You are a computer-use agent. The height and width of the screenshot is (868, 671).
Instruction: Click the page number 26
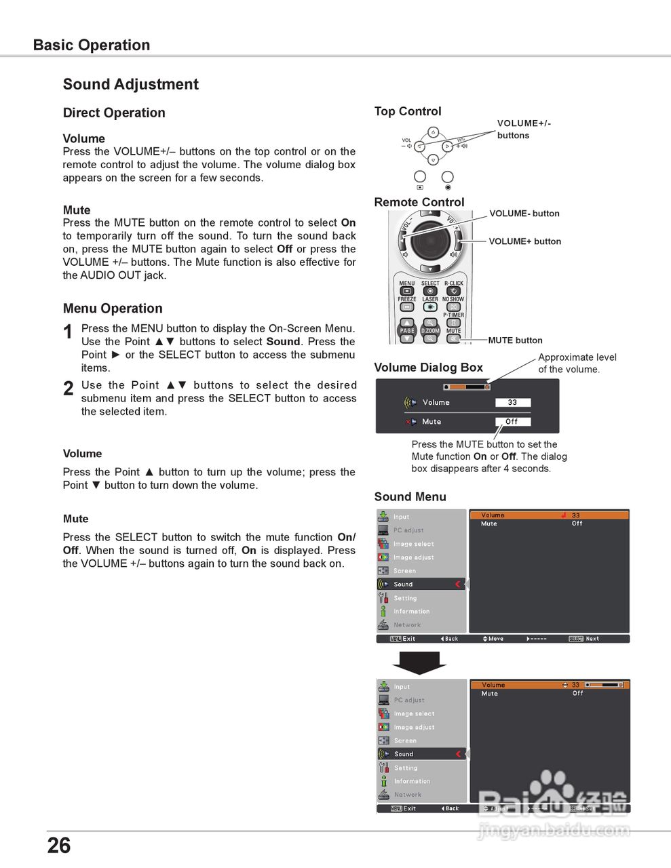59,845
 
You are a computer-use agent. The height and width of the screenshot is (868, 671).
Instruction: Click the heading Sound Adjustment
130,85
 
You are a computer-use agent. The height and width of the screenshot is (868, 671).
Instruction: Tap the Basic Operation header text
92,45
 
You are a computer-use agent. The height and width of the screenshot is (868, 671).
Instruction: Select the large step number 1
68,332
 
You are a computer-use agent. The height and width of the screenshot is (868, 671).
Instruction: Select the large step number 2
68,389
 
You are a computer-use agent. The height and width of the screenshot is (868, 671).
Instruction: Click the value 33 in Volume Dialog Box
512,402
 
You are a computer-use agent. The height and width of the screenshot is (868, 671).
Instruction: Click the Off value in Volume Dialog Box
512,421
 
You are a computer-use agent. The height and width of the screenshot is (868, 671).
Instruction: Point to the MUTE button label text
515,340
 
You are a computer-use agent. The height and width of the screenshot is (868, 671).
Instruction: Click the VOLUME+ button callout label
524,241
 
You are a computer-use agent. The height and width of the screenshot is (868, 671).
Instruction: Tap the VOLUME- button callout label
524,214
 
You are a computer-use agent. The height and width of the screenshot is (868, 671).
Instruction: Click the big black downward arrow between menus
419,663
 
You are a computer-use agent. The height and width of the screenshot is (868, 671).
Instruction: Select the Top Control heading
408,112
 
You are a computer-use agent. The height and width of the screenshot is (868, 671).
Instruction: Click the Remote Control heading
419,202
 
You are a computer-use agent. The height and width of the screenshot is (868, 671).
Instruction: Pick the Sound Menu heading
410,497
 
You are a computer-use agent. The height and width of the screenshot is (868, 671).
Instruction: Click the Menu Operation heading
113,309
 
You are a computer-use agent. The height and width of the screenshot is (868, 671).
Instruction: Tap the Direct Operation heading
114,113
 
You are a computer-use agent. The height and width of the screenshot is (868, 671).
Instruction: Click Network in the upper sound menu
407,625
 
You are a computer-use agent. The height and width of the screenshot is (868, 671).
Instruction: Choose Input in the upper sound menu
402,517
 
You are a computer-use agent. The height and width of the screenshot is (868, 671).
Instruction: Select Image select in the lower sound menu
414,713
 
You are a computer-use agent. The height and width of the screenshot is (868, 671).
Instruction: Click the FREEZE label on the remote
407,299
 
